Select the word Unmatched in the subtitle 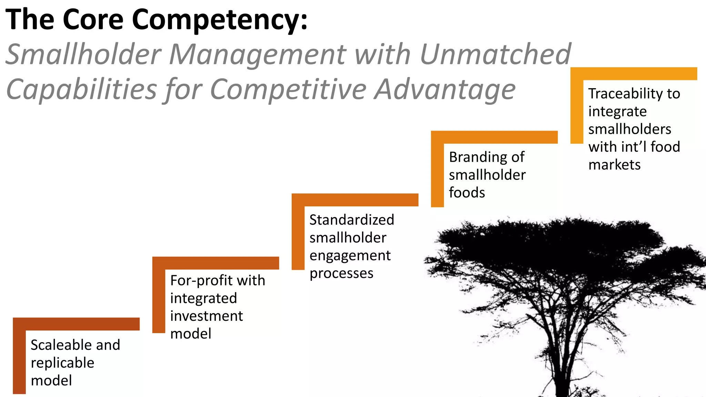[x=495, y=54]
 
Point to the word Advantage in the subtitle [x=445, y=89]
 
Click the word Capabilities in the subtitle [x=81, y=89]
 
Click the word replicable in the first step [x=62, y=363]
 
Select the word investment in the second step [x=206, y=316]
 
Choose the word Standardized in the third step [x=352, y=220]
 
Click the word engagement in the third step [x=350, y=256]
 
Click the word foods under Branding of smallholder [x=467, y=193]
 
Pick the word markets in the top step [x=614, y=165]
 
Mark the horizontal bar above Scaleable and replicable [x=76, y=324]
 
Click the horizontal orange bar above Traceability [x=634, y=74]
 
